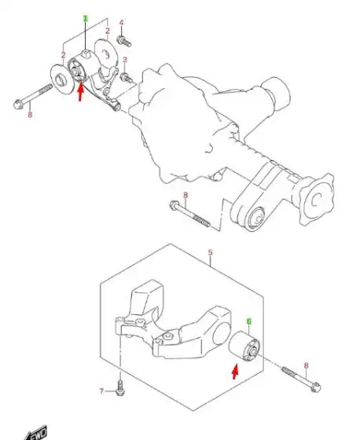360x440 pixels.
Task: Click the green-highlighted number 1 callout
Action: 86,18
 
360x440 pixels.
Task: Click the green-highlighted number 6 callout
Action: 249,321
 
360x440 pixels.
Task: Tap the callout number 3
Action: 124,60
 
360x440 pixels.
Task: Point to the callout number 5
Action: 210,254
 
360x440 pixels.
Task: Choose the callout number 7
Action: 101,390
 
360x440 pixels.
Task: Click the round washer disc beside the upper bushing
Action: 57,79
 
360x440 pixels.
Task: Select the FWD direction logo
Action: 36,432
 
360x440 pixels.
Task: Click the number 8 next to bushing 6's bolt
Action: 305,365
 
